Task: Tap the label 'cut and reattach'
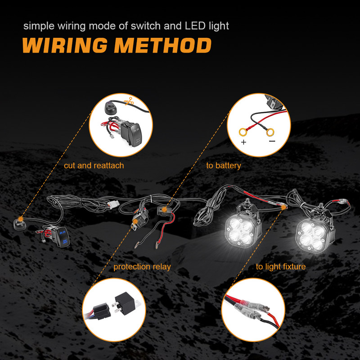pyautogui.click(x=94, y=166)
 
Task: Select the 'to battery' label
pyautogui.click(x=224, y=166)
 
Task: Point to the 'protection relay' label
pyautogui.click(x=142, y=267)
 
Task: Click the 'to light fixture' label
pyautogui.click(x=281, y=267)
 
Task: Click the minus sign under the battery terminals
pyautogui.click(x=272, y=141)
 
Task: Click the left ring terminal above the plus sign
pyautogui.click(x=243, y=132)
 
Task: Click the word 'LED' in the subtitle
pyautogui.click(x=196, y=26)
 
